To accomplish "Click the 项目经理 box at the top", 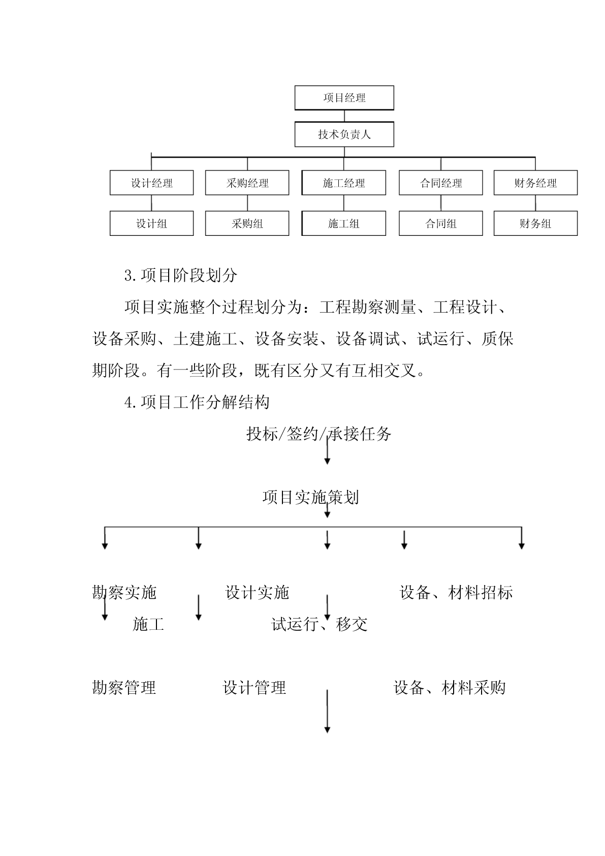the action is point(344,98).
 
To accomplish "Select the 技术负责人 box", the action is point(344,134).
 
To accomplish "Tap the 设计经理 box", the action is point(152,182).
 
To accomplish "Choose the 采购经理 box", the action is point(247,182).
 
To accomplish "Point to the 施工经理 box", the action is point(344,182).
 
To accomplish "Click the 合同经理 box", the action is point(441,182).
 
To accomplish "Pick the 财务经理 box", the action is point(535,182).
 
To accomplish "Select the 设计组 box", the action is point(152,223).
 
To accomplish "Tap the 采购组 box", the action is point(247,223).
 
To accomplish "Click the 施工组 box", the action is point(344,223).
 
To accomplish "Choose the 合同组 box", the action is point(441,223).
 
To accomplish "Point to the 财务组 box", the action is point(535,223).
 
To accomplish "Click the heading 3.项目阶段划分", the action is point(181,276).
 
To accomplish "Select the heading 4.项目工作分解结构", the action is point(197,403).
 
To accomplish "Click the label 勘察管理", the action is point(124,688).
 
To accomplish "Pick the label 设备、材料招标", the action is point(456,593).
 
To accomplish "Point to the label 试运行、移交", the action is point(320,624).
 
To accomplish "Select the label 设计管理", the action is point(254,688).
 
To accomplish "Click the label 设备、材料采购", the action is point(450,688).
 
